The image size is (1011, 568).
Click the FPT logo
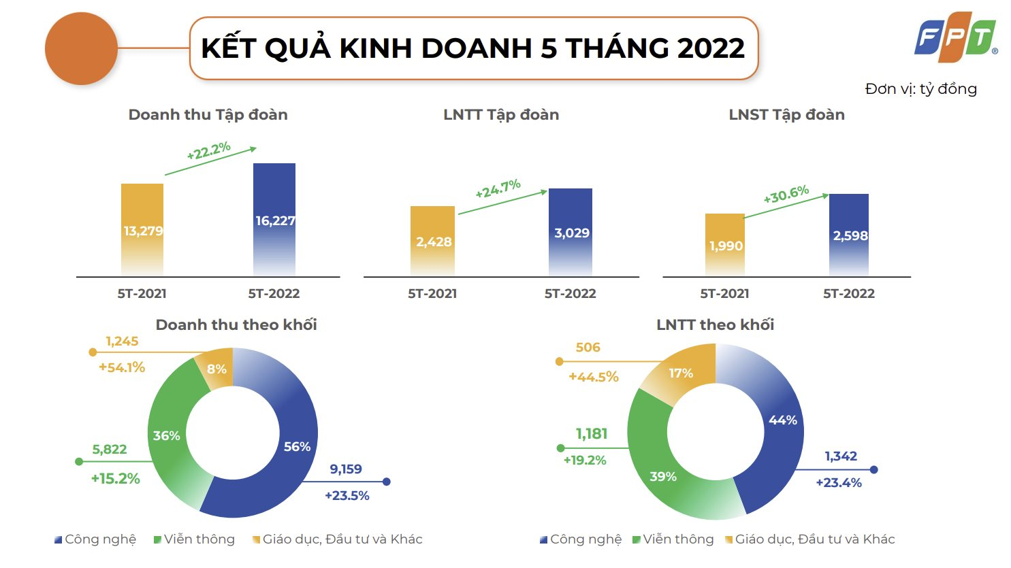coord(954,37)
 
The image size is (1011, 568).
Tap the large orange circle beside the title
coord(81,49)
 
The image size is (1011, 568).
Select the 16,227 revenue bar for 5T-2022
coord(274,219)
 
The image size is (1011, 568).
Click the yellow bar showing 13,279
coord(142,229)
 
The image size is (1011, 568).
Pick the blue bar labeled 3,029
coord(571,232)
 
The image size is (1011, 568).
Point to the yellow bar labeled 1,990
coord(725,244)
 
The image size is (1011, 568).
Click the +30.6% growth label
coord(786,195)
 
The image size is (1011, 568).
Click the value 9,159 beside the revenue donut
coord(346,469)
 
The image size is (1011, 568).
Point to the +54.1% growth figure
coord(122,367)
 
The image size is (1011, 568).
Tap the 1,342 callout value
coord(841,456)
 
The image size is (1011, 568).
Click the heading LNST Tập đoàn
coord(786,115)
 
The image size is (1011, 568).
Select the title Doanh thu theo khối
coord(236,325)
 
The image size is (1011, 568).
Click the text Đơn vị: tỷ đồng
coord(920,89)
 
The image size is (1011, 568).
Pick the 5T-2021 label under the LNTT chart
coord(432,294)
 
